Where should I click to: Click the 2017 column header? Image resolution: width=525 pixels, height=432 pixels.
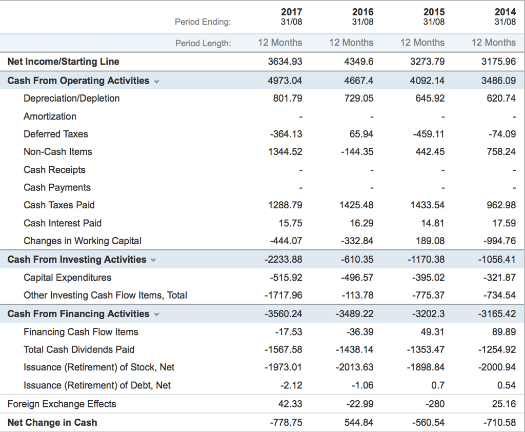[x=291, y=12]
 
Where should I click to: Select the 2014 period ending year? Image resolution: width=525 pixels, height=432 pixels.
[x=505, y=12]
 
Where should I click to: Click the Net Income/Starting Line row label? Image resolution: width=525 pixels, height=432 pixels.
[x=63, y=62]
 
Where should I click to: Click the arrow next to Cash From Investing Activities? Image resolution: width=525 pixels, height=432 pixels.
[x=153, y=260]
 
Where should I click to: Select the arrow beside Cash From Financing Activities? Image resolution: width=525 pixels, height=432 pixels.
[x=156, y=314]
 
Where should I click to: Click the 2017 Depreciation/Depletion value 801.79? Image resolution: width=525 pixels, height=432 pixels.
[x=288, y=98]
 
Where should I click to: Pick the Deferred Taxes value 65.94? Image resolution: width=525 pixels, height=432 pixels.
[x=361, y=134]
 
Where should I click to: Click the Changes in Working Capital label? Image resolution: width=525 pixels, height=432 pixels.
[x=82, y=241]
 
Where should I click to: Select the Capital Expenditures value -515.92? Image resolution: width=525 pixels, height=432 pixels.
[x=286, y=278]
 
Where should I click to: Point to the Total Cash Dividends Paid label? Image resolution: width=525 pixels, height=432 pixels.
[x=79, y=349]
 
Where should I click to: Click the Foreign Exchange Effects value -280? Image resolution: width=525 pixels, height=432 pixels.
[x=436, y=404]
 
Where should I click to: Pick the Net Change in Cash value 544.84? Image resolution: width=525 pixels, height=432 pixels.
[x=359, y=422]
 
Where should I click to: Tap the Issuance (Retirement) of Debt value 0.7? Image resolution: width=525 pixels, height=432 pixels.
[x=438, y=385]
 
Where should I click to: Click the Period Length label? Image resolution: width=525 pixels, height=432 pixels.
[x=203, y=43]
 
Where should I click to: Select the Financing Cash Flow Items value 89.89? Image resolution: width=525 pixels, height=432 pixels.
[x=503, y=332]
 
